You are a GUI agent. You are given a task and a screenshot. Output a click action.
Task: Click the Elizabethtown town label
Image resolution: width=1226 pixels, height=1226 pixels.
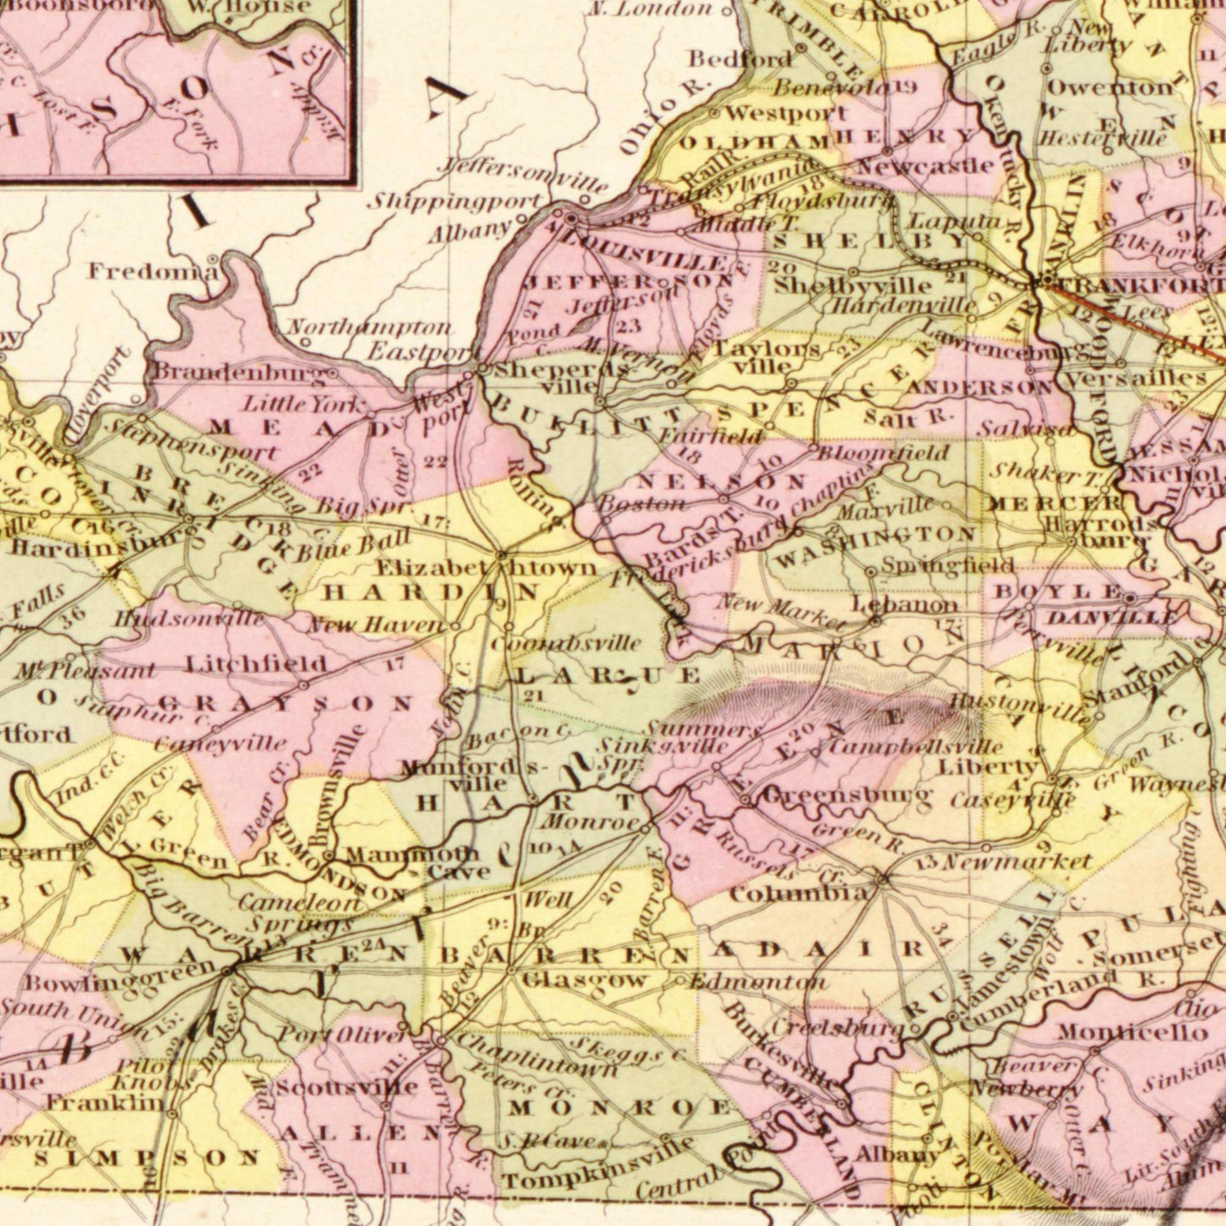[486, 568]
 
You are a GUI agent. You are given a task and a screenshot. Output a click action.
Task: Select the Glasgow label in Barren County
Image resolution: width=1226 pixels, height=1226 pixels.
[585, 980]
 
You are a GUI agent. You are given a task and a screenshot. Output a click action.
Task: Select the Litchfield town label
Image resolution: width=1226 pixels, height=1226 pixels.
[255, 663]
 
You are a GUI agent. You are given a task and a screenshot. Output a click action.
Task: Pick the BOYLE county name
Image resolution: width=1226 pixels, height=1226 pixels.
[1055, 591]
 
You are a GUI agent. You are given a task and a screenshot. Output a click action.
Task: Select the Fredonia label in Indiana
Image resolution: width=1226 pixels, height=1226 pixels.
[153, 272]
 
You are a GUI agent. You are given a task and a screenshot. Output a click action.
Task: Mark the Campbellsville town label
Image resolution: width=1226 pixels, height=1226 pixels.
[915, 747]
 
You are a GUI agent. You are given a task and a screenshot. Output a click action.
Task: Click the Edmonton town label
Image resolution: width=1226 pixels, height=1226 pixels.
[757, 982]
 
